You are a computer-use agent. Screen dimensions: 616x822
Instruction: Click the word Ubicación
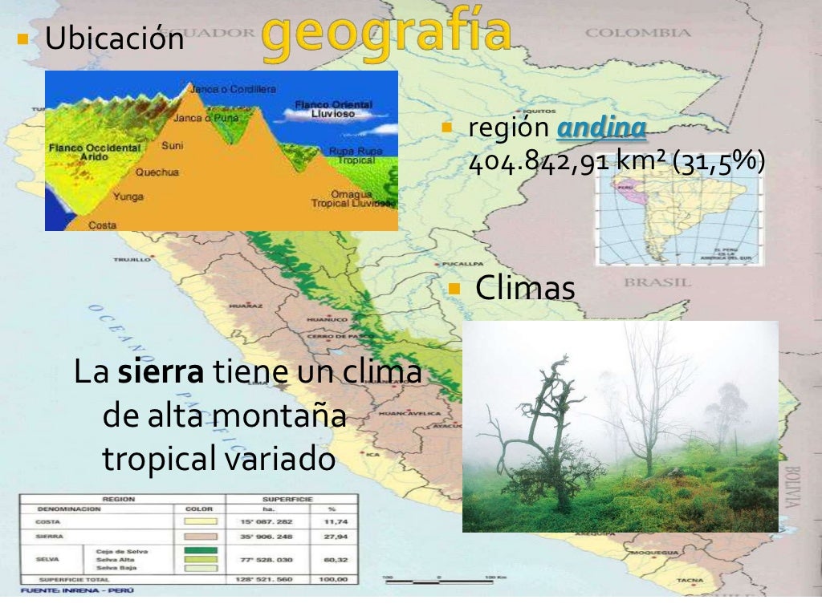click(x=115, y=38)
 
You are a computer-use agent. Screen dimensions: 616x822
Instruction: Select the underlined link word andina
click(x=601, y=128)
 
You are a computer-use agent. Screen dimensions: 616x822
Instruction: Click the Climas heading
click(x=525, y=289)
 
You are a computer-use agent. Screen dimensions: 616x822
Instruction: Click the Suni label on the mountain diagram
click(x=172, y=147)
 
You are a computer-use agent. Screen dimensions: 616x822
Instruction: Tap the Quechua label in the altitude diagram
click(x=157, y=172)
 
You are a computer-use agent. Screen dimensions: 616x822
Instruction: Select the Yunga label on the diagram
click(x=128, y=196)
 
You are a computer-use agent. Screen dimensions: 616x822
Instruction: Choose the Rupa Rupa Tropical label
click(x=355, y=155)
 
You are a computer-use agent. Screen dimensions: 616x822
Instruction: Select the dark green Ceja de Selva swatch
click(x=201, y=550)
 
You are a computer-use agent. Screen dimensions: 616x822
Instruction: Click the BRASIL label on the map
click(x=657, y=282)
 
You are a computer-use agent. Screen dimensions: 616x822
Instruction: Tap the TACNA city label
click(x=690, y=580)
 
